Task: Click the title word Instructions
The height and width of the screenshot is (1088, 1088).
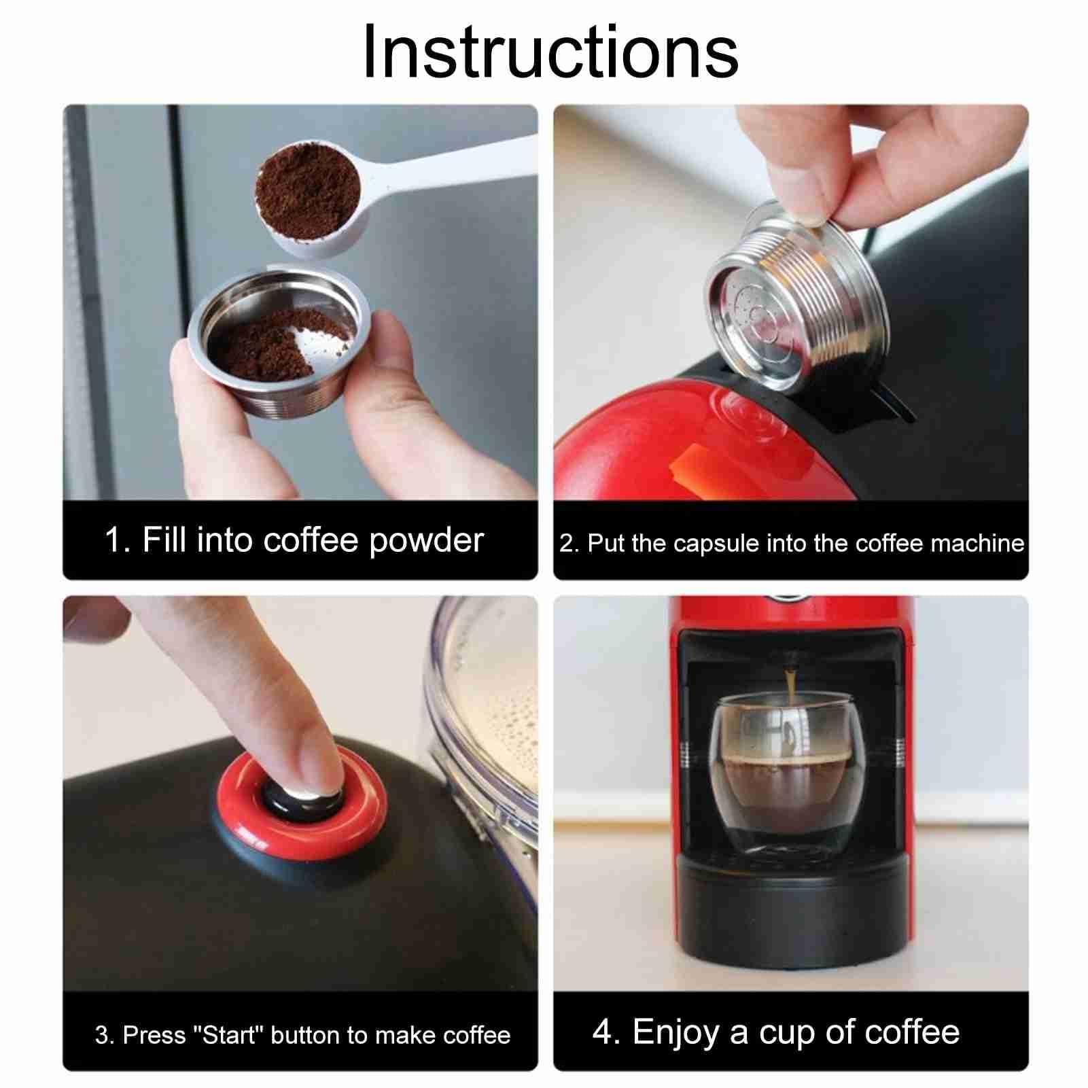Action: coord(550,52)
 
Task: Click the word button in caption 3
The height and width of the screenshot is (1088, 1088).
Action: coord(306,1034)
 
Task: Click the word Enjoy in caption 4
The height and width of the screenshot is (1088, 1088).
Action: coord(676,1033)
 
